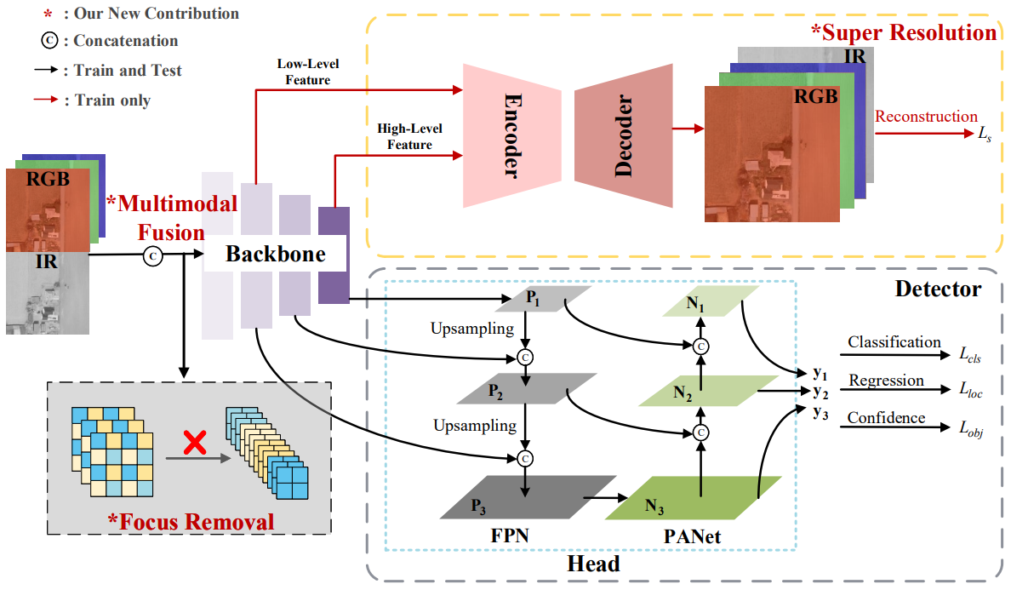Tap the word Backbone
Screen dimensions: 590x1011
[275, 254]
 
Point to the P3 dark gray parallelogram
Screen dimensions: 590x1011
[528, 497]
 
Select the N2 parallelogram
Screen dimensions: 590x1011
[700, 392]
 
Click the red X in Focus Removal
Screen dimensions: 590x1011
[197, 440]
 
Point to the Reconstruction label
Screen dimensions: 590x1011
[926, 117]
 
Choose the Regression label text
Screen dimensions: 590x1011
[885, 380]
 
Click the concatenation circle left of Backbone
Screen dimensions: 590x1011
[152, 255]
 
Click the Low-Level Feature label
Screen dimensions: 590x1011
[304, 72]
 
